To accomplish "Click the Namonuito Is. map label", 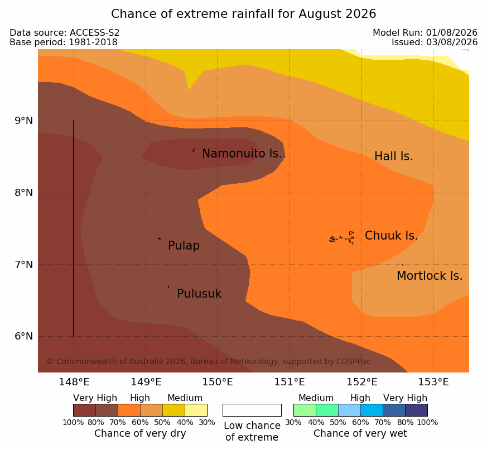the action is pyautogui.click(x=242, y=153).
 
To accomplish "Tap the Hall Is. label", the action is pyautogui.click(x=393, y=156).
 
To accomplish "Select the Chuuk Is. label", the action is pyautogui.click(x=391, y=235).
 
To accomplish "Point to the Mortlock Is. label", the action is pyautogui.click(x=430, y=275).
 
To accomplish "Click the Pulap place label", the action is pyautogui.click(x=184, y=246).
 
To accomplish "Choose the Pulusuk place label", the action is pyautogui.click(x=199, y=294).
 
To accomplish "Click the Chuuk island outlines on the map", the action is pyautogui.click(x=342, y=238).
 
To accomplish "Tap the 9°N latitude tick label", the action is pyautogui.click(x=23, y=121).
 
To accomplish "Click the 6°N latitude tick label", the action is pyautogui.click(x=23, y=336).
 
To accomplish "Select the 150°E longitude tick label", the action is pyautogui.click(x=218, y=382).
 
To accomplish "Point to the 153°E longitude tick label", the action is pyautogui.click(x=433, y=382).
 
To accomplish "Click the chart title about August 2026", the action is pyautogui.click(x=243, y=13).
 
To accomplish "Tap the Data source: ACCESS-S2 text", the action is pyautogui.click(x=65, y=32).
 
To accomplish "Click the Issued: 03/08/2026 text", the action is pyautogui.click(x=435, y=42).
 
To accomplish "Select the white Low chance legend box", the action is pyautogui.click(x=252, y=410).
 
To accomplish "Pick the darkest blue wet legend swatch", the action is pyautogui.click(x=416, y=410).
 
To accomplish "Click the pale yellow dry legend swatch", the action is pyautogui.click(x=196, y=410).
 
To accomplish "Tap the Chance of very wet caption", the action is pyautogui.click(x=360, y=433).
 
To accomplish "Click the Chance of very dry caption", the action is pyautogui.click(x=140, y=433).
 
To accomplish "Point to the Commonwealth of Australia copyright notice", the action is pyautogui.click(x=209, y=361).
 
